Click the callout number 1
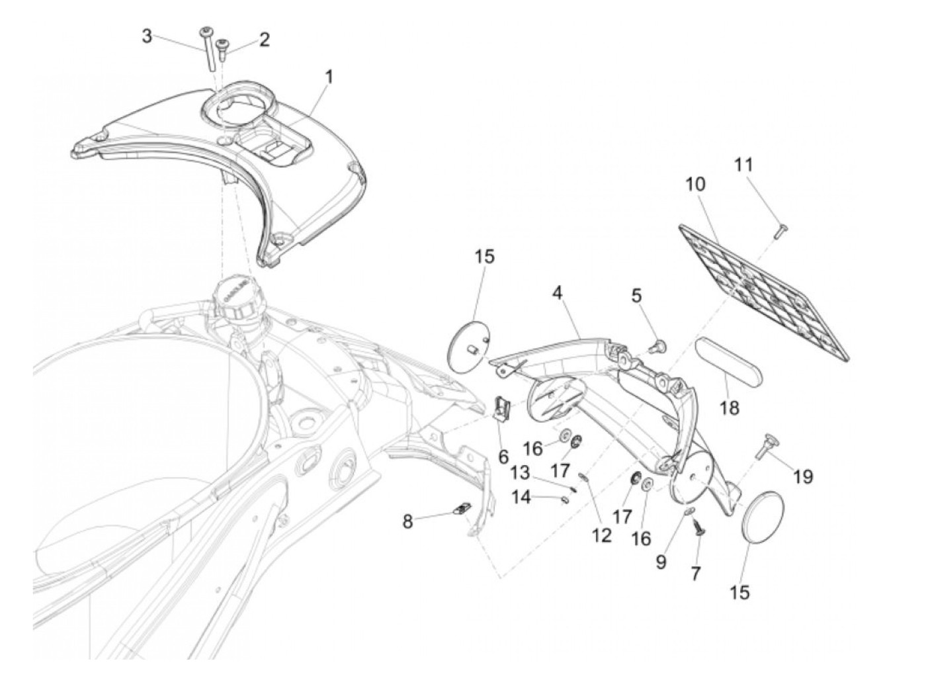(x=329, y=77)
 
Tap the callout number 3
(x=147, y=36)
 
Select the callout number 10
(x=695, y=184)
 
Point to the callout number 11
(x=744, y=164)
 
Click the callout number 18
(x=730, y=408)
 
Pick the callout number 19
(x=803, y=476)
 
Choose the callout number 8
(x=407, y=521)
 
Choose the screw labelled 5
(x=659, y=345)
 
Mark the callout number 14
(x=522, y=496)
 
